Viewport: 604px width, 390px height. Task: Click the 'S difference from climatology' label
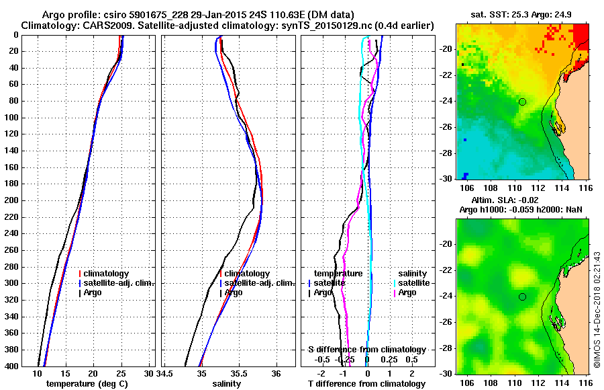[x=366, y=350]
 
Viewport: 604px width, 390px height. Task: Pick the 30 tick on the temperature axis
[x=149, y=373]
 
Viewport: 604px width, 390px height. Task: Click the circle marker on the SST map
[x=522, y=102]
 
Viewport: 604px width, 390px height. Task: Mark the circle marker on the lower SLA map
[x=522, y=297]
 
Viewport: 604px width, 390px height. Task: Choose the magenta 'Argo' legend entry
[x=407, y=292]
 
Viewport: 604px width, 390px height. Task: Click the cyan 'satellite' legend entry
[x=412, y=283]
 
